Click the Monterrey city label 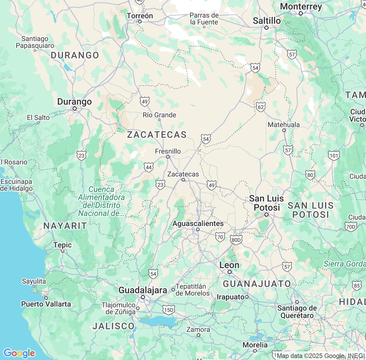[301, 6]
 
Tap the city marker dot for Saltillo [266, 28]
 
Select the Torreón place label [140, 16]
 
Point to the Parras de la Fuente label [204, 19]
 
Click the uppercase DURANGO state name [75, 55]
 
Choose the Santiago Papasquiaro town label [35, 42]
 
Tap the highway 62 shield [260, 107]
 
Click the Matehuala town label [284, 125]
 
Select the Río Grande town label [159, 115]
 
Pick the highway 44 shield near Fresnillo [149, 167]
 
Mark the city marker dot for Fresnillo [168, 157]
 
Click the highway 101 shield [334, 156]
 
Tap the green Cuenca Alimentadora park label [102, 201]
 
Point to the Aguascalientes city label [198, 223]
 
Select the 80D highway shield [236, 240]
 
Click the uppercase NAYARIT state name [65, 226]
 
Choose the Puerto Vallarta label [46, 304]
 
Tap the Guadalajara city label [143, 290]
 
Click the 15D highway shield [168, 310]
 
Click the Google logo [19, 353]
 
